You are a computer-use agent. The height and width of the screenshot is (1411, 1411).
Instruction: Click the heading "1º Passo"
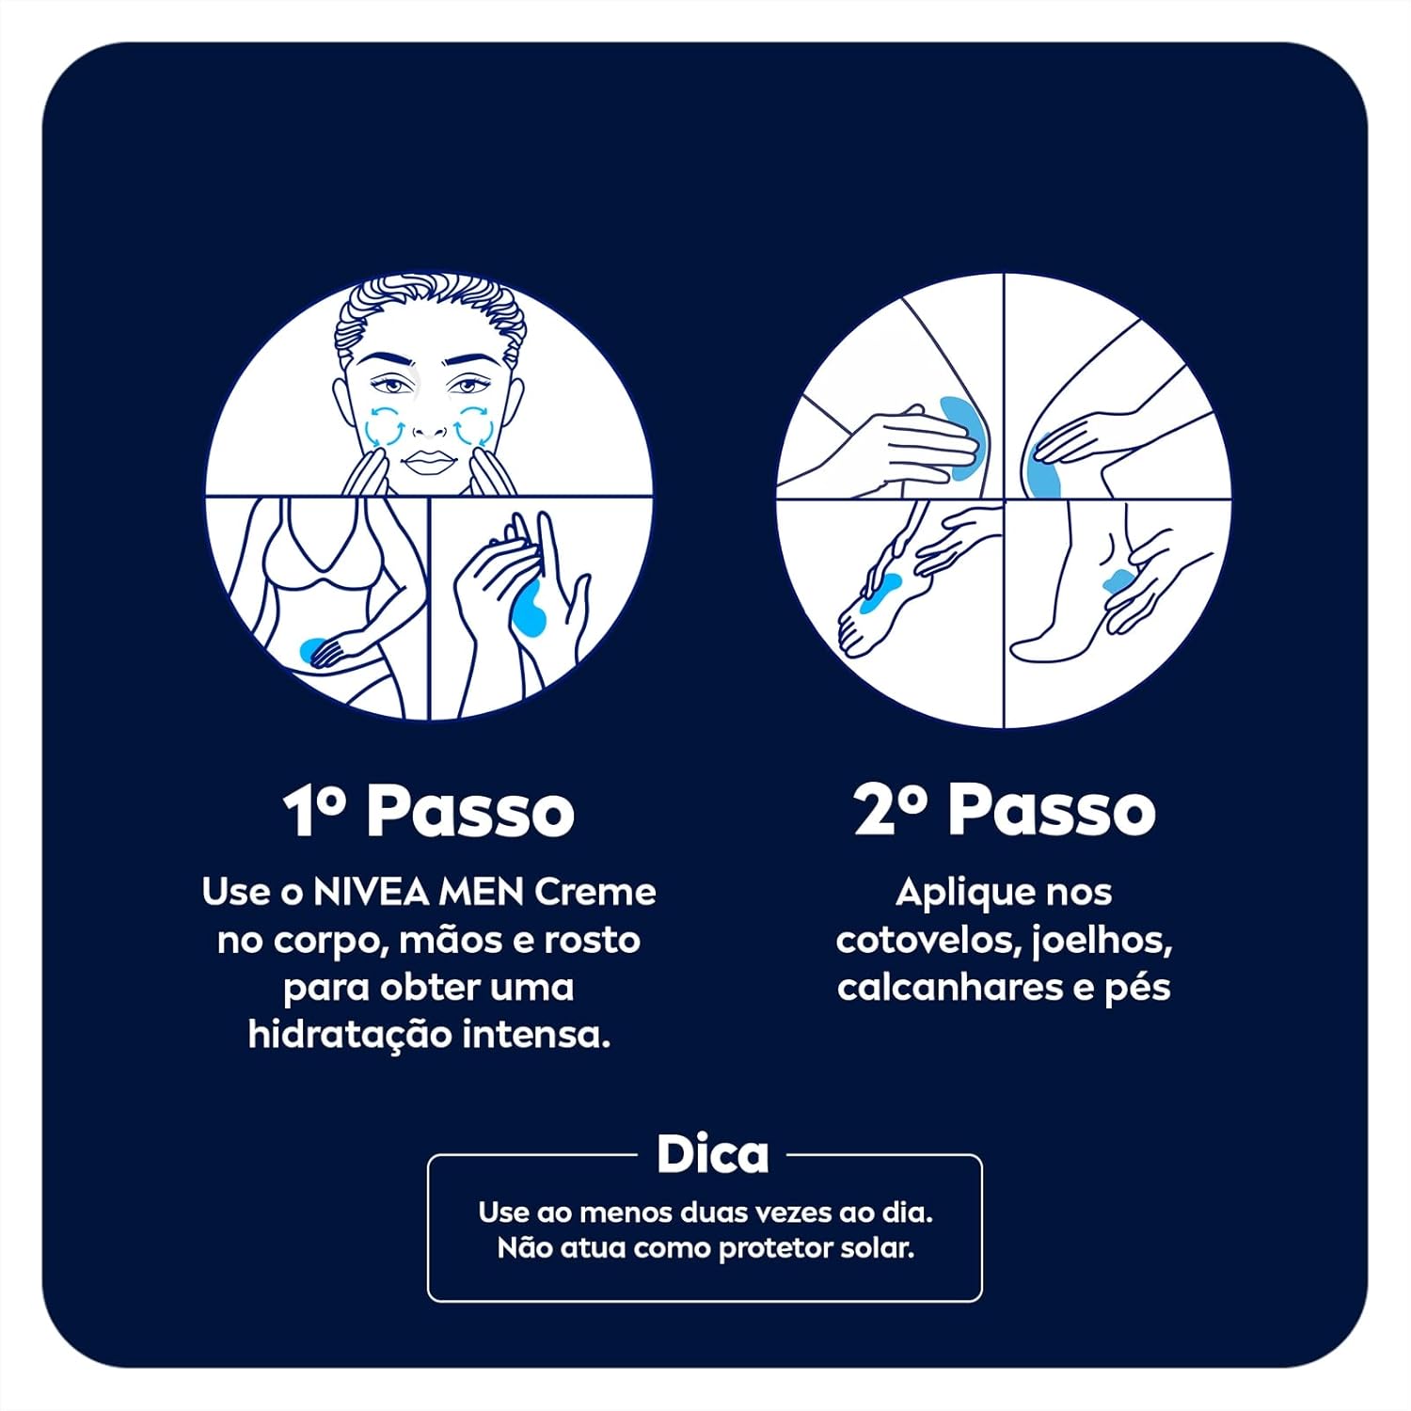point(429,811)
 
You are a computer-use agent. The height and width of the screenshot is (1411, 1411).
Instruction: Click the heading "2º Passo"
point(1004,811)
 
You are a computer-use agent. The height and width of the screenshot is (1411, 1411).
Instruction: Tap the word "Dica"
point(712,1154)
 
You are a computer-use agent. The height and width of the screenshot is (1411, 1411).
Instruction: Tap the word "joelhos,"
point(1102,940)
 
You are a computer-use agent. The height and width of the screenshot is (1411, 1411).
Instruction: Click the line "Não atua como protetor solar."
point(705,1248)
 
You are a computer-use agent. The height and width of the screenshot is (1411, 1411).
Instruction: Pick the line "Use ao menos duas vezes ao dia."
point(705,1212)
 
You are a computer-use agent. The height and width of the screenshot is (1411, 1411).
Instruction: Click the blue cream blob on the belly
point(309,648)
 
